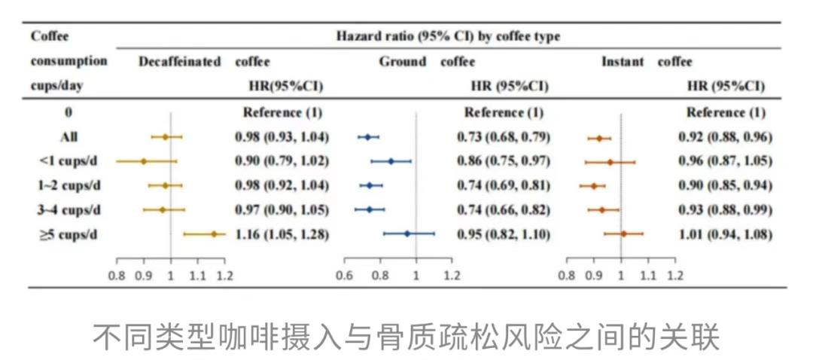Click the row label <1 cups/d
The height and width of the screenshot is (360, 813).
(x=69, y=161)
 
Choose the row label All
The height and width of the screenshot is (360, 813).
(x=69, y=137)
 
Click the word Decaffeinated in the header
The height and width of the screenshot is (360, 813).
(x=180, y=62)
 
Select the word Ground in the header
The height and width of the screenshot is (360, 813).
(x=403, y=62)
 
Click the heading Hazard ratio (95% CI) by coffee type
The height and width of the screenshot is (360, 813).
(x=448, y=36)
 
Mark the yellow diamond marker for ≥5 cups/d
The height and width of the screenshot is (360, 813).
(x=214, y=234)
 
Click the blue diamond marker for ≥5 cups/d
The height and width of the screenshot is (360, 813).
(x=407, y=234)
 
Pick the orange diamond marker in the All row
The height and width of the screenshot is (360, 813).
(x=599, y=139)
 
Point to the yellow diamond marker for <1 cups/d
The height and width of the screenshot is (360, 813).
(x=144, y=161)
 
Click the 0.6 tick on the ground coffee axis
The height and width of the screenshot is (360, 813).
(x=345, y=275)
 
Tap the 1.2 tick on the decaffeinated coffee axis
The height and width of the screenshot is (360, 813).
(x=224, y=275)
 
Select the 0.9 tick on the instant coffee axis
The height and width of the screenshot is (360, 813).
(x=594, y=275)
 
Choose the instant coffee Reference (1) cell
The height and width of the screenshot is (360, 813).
(x=726, y=113)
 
